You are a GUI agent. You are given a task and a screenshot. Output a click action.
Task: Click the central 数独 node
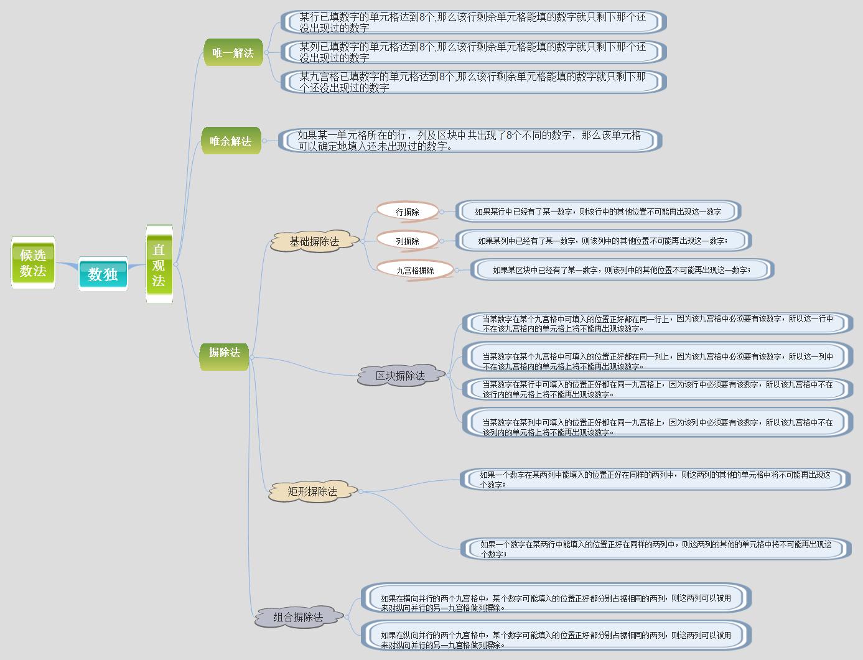click(103, 274)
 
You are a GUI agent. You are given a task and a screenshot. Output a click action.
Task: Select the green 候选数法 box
click(33, 263)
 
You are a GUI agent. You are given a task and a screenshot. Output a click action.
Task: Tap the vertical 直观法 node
click(159, 264)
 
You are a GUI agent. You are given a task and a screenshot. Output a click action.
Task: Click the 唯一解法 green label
click(233, 53)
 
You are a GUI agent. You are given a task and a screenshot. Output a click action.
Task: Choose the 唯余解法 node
click(231, 141)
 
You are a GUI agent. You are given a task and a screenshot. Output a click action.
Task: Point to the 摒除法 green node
click(224, 353)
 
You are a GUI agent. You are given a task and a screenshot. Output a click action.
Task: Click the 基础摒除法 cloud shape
click(315, 241)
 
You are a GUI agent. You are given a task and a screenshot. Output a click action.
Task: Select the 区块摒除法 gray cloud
click(401, 376)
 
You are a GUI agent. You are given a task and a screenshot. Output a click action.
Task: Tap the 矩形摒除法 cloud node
click(312, 491)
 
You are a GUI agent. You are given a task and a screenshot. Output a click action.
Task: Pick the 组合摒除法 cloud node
click(299, 617)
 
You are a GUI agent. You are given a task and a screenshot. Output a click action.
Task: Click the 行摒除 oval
click(408, 212)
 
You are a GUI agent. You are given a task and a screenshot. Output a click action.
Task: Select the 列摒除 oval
click(408, 241)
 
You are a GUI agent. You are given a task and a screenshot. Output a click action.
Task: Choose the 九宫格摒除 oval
click(415, 271)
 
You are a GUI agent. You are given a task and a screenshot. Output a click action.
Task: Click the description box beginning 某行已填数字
click(473, 22)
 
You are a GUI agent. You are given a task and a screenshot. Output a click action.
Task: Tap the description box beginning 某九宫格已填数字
click(473, 82)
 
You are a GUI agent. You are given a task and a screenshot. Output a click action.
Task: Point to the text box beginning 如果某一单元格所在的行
click(470, 141)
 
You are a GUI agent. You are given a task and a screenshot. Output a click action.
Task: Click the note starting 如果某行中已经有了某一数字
click(598, 211)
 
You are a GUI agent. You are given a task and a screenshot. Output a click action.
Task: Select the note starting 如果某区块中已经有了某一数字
click(622, 270)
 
